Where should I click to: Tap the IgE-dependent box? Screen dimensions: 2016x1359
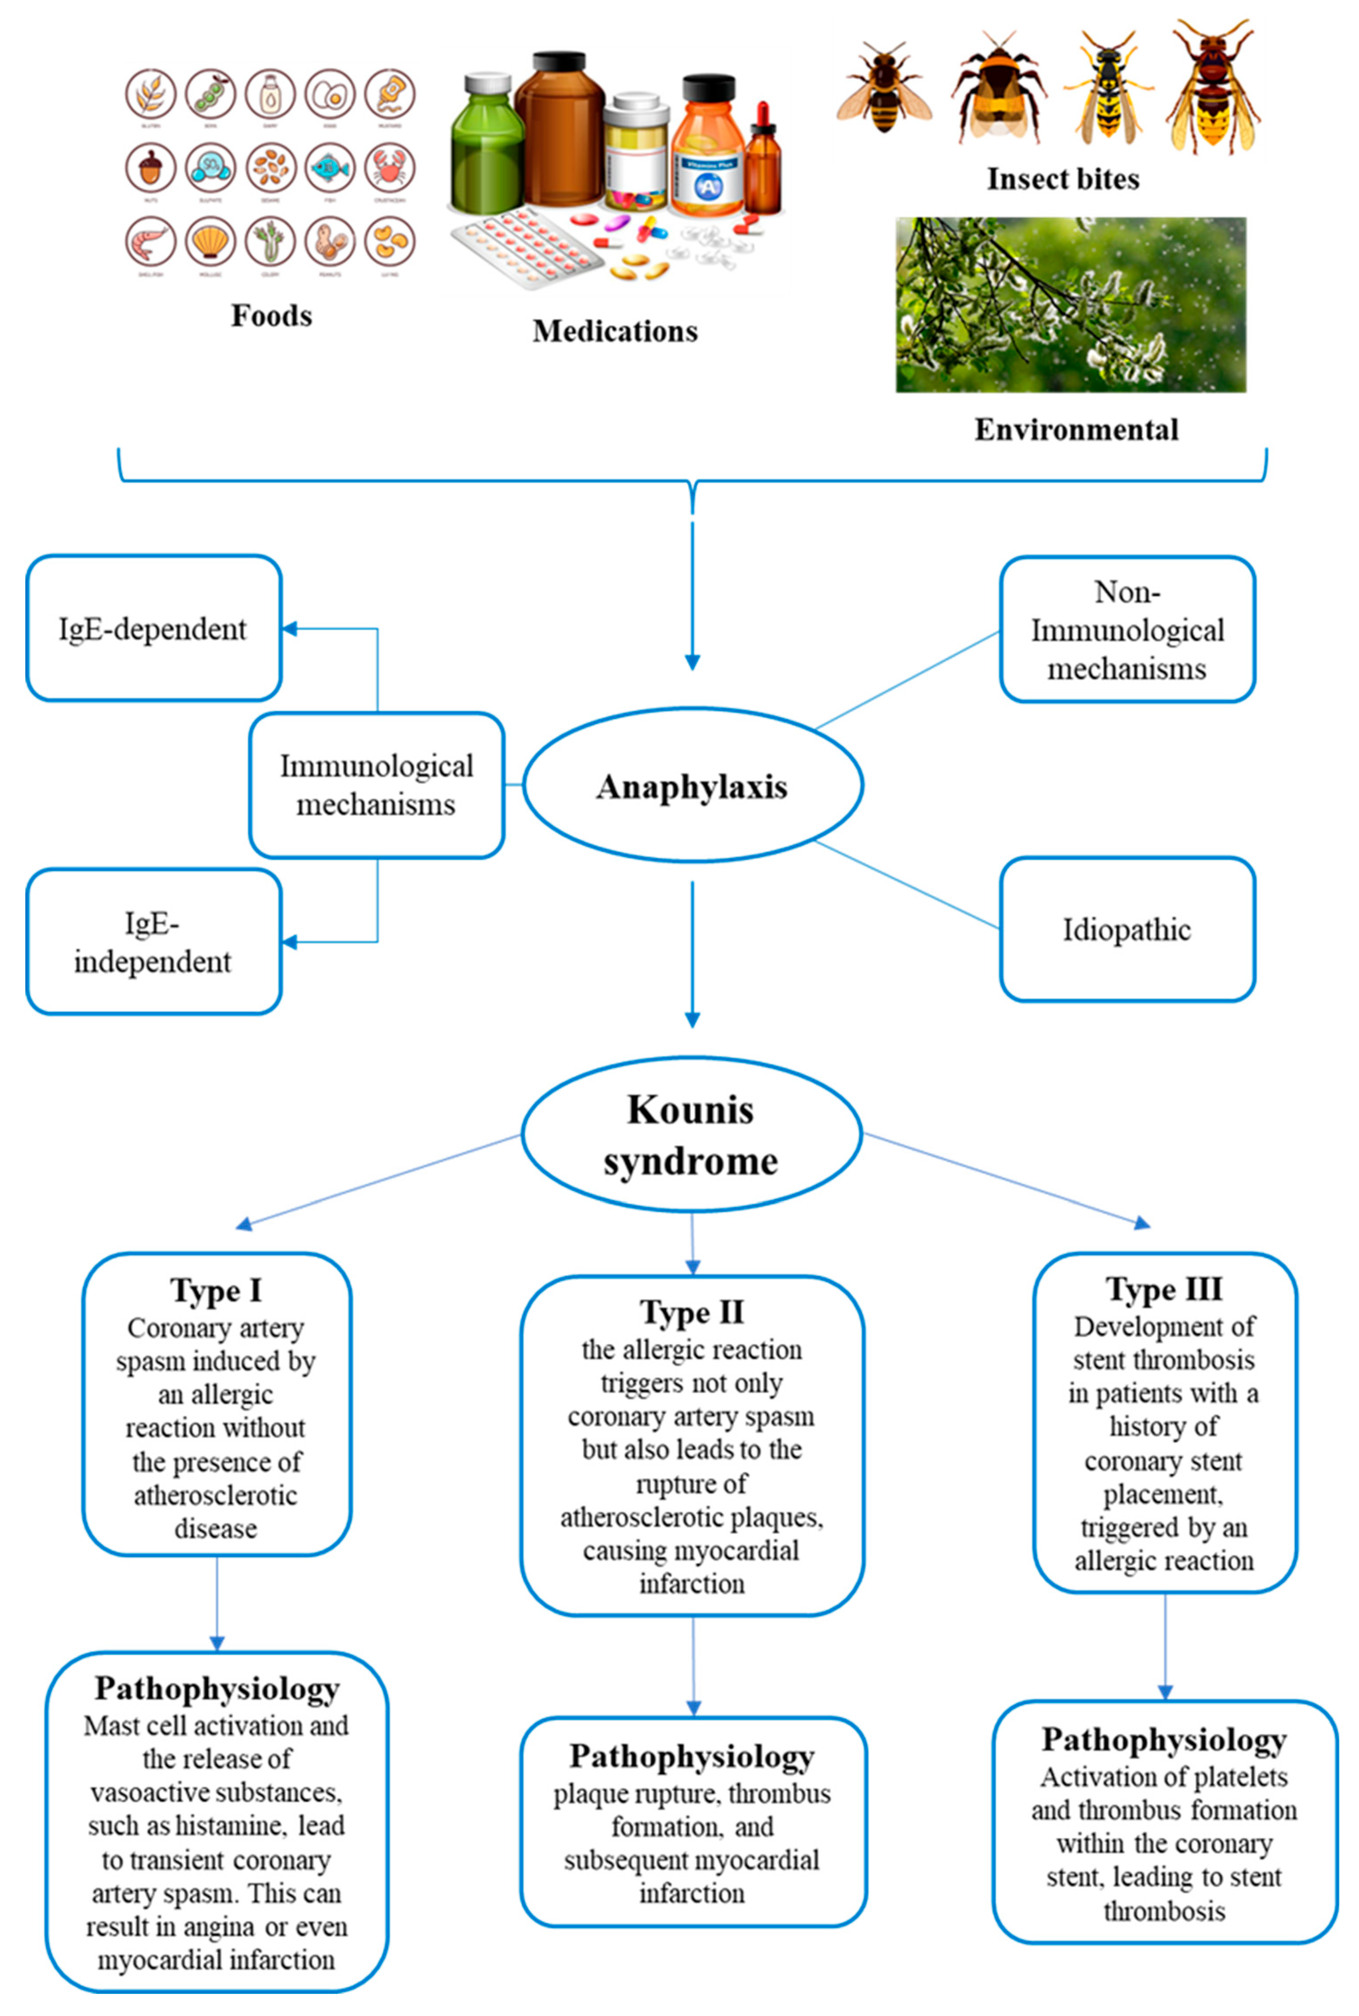tap(154, 628)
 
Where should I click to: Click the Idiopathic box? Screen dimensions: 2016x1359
tap(1127, 929)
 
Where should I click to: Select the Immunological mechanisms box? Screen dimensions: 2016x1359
tap(376, 785)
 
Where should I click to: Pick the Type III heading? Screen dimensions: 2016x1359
tap(1164, 1289)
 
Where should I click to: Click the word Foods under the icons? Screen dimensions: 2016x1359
tap(271, 316)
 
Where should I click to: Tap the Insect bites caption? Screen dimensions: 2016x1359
tap(1062, 179)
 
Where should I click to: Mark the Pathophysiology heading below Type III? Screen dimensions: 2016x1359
tap(1164, 1740)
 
